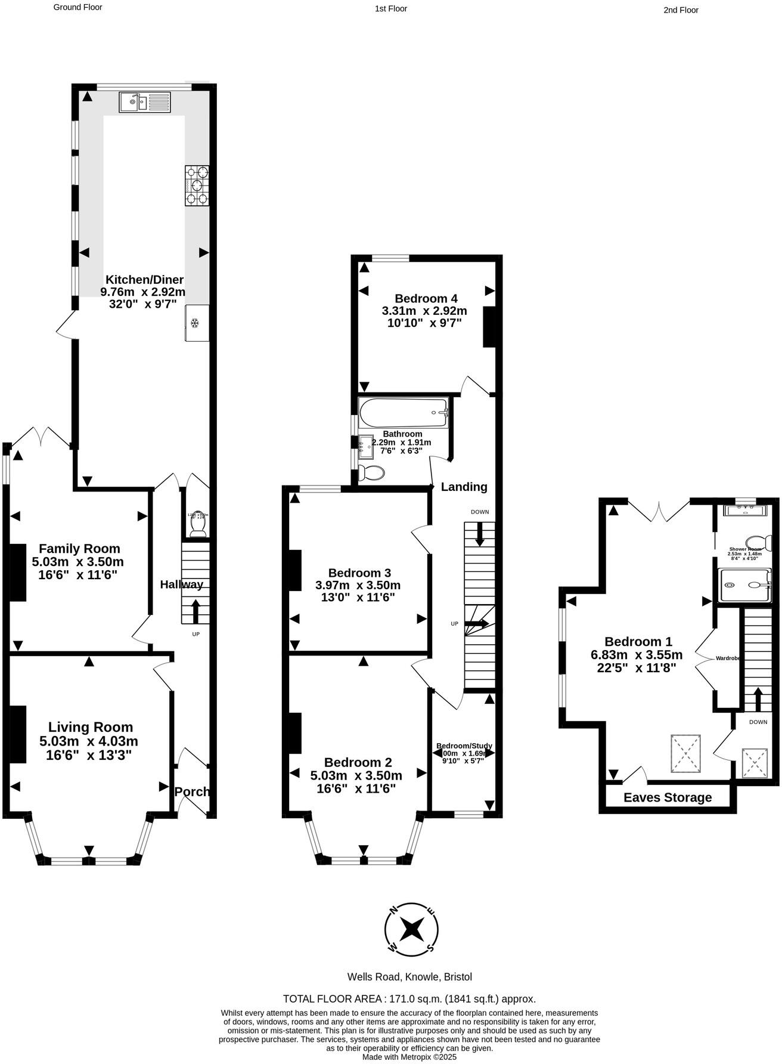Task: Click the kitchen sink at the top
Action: (145, 102)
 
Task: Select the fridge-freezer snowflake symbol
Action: (194, 323)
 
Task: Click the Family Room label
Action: (79, 549)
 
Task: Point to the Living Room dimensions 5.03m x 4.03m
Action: (89, 741)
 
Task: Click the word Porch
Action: (192, 791)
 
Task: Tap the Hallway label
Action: (181, 584)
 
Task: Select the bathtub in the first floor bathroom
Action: (404, 412)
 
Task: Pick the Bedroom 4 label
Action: (426, 298)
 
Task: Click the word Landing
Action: (464, 487)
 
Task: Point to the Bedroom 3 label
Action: (359, 573)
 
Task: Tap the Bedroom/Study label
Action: (464, 746)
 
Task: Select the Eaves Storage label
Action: (668, 797)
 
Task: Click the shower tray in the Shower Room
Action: (745, 584)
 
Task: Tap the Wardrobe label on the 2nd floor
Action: (728, 658)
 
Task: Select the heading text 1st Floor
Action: (391, 8)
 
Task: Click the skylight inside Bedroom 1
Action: (685, 753)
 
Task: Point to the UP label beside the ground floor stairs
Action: (195, 634)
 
